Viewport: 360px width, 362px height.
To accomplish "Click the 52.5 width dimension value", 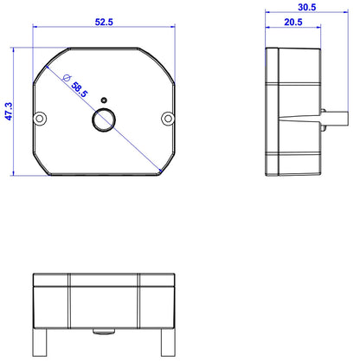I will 104,21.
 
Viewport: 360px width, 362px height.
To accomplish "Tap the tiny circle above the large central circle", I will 105,101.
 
